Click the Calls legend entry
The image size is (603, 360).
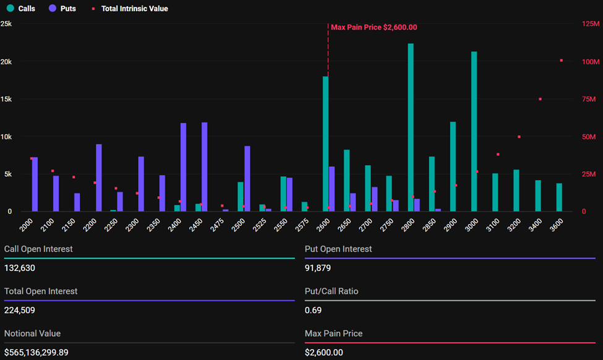(x=21, y=9)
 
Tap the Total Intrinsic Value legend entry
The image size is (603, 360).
(x=130, y=9)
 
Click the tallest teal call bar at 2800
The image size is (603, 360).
(x=411, y=127)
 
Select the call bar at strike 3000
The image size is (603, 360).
(x=474, y=131)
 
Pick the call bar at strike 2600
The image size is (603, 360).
(x=325, y=144)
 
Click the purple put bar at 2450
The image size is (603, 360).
(x=205, y=167)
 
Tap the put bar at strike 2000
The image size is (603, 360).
(x=35, y=184)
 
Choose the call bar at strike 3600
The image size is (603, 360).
(x=559, y=197)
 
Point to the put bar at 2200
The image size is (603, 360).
(x=99, y=178)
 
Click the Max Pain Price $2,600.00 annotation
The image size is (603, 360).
(x=374, y=27)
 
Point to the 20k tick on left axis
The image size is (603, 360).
(x=6, y=62)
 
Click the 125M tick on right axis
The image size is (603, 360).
(x=591, y=24)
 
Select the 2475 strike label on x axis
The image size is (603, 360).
(x=217, y=225)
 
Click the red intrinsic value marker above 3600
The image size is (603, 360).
(x=561, y=61)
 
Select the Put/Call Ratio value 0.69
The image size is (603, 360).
(x=312, y=310)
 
